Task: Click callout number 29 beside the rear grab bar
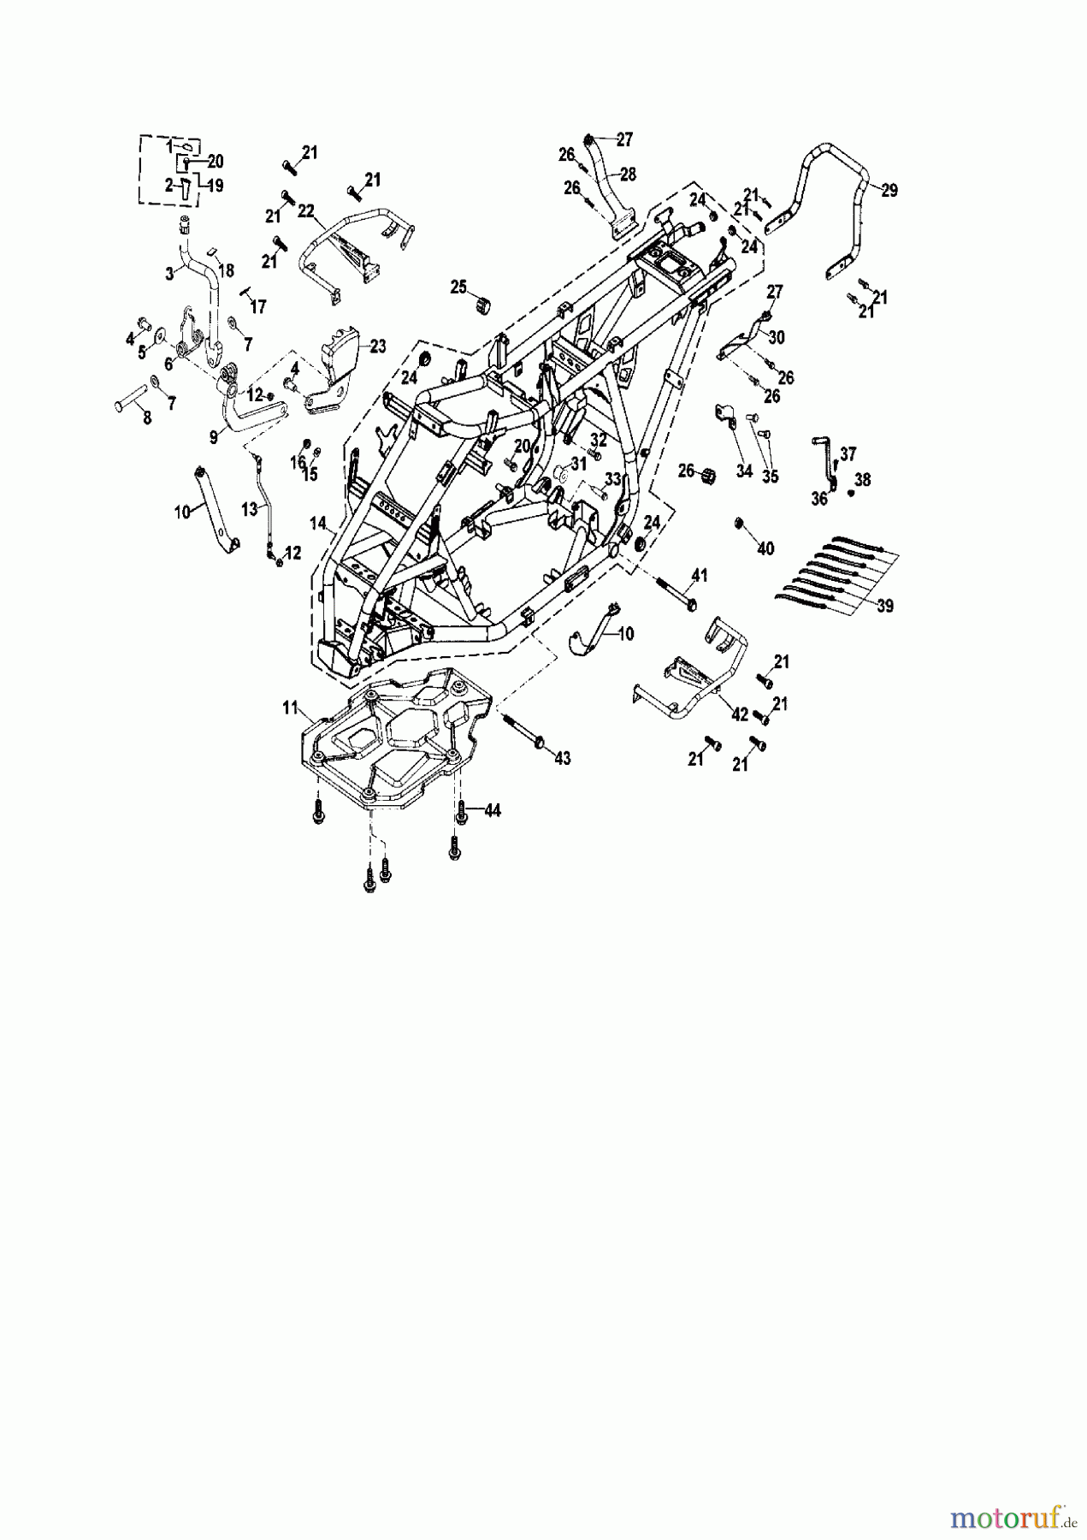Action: point(889,191)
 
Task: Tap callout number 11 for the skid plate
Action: point(290,707)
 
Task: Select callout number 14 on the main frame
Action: point(318,523)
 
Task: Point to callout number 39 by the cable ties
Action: point(885,606)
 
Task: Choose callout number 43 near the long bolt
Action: point(562,758)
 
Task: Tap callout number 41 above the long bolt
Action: point(700,576)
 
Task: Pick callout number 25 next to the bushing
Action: point(459,285)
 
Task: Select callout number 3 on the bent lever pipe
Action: point(169,273)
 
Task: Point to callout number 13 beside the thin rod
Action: point(249,509)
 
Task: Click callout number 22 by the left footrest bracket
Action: point(306,211)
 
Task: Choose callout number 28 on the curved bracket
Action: point(629,174)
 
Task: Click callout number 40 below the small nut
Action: point(765,548)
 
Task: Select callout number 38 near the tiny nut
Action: point(862,481)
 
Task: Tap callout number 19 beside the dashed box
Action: point(215,185)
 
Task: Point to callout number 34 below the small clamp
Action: point(744,471)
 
